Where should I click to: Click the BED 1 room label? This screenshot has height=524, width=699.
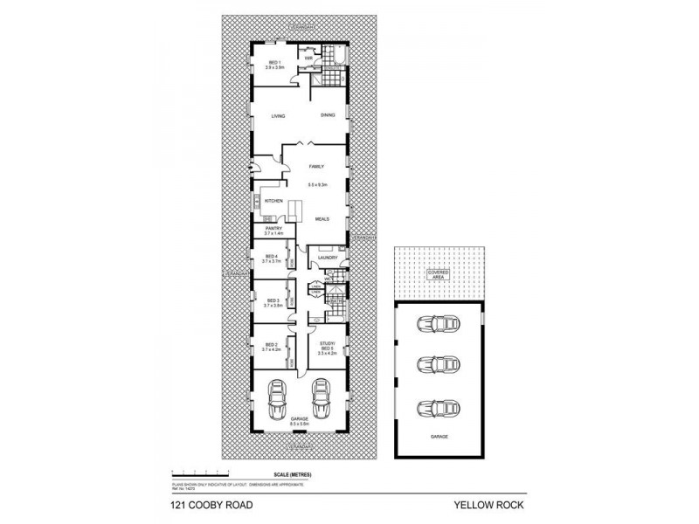click(273, 63)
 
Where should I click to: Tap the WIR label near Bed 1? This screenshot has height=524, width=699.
click(309, 59)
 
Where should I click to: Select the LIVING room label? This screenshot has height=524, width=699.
click(279, 115)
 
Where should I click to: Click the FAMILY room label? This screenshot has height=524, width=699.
click(316, 166)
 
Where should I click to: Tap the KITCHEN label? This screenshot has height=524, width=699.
click(274, 201)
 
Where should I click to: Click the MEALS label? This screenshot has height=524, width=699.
click(322, 219)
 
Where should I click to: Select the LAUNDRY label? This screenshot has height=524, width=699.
click(328, 258)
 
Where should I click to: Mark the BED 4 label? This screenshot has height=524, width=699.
click(271, 257)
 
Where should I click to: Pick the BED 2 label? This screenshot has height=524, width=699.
click(271, 345)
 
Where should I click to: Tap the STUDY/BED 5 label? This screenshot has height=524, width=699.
click(328, 346)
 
